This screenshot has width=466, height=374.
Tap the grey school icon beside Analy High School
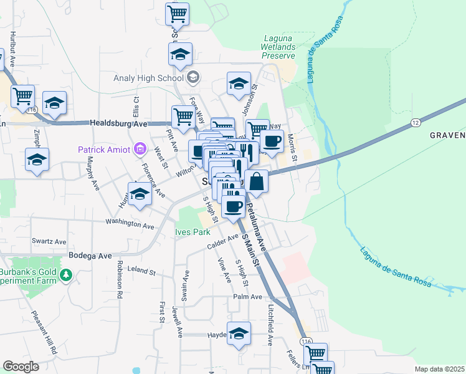click(x=193, y=78)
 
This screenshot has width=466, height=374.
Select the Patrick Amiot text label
click(x=104, y=149)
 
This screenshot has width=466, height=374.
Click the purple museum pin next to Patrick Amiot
click(x=140, y=149)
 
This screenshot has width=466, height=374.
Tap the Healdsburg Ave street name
click(x=118, y=123)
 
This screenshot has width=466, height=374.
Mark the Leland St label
click(x=140, y=271)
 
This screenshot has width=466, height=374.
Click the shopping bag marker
click(x=256, y=182)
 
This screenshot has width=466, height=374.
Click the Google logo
click(x=21, y=367)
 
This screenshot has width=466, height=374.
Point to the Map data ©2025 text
click(x=439, y=369)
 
